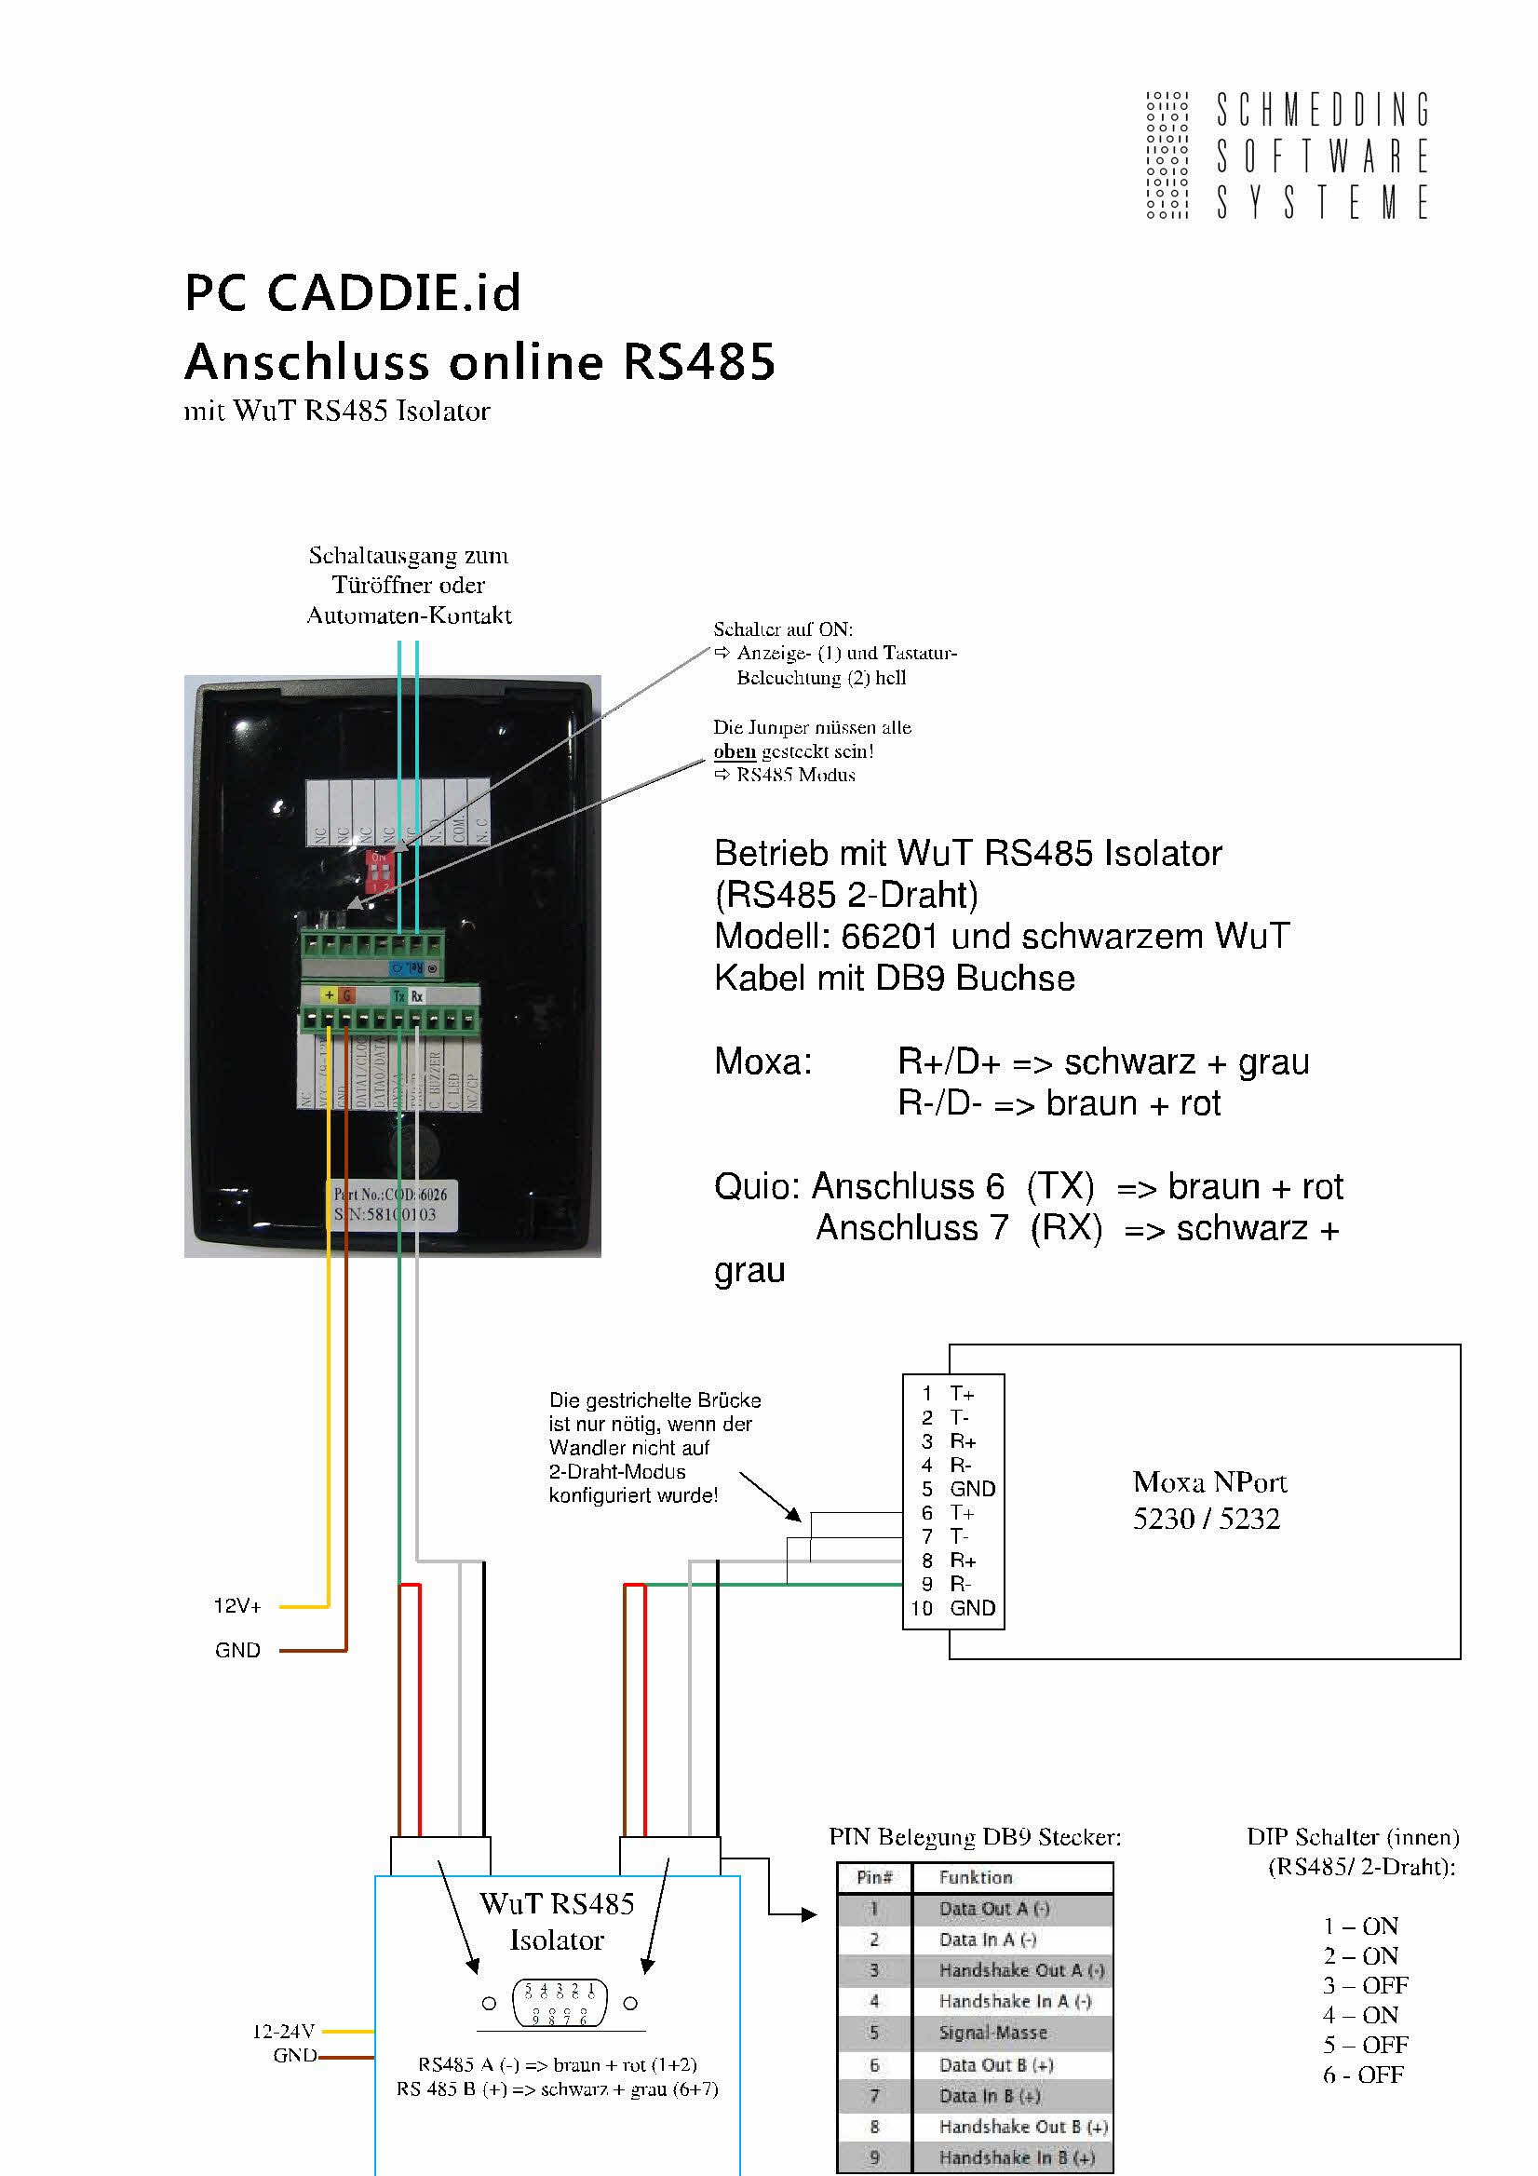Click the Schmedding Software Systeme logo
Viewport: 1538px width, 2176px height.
(1287, 155)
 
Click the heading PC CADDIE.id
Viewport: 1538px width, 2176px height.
(353, 292)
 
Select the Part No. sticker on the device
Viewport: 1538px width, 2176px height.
(392, 1205)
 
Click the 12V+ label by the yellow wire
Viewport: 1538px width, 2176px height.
(236, 1605)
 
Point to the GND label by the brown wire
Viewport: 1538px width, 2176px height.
(237, 1650)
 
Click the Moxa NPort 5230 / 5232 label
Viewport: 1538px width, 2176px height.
(1208, 1499)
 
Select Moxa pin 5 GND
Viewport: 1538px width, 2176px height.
(959, 1489)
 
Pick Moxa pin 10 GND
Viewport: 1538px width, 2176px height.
(954, 1608)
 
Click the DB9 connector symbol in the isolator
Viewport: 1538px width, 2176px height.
(560, 2003)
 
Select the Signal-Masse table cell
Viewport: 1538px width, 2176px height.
(992, 2033)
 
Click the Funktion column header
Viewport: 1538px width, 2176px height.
(975, 1877)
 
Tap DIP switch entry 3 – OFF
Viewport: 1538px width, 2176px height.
(1365, 1985)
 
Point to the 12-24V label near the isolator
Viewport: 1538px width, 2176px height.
(283, 2031)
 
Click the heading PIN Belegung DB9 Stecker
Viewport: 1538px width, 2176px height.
(974, 1837)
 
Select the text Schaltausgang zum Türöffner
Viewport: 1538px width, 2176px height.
(409, 570)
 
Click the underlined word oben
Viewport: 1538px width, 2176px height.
(735, 751)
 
